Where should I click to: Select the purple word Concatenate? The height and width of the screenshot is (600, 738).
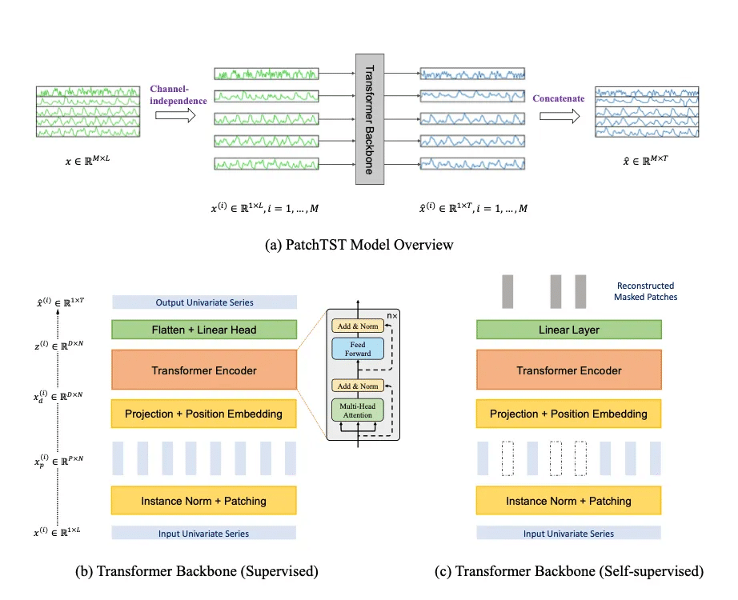click(x=559, y=98)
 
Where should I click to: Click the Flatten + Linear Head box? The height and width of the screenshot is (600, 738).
click(x=204, y=330)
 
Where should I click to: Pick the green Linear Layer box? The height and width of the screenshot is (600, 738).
click(x=569, y=330)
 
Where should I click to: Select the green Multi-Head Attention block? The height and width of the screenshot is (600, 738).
click(x=359, y=411)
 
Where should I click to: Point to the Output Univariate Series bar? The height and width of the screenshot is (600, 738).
click(x=204, y=302)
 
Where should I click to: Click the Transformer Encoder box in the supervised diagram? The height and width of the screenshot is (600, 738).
click(x=204, y=370)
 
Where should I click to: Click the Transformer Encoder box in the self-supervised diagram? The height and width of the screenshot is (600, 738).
click(x=569, y=370)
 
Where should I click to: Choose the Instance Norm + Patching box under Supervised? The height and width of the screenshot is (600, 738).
click(x=204, y=501)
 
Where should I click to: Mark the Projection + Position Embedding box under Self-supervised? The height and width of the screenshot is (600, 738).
click(x=569, y=414)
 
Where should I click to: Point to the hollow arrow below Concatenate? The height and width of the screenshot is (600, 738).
click(x=559, y=117)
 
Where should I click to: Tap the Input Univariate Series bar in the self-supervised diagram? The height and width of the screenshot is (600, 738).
click(x=569, y=533)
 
